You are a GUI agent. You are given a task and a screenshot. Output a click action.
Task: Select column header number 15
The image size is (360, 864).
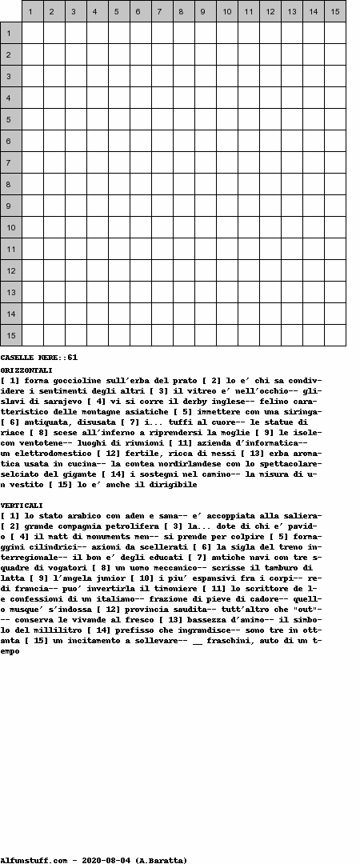click(335, 11)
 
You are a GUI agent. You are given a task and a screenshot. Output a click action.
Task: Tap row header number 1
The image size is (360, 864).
click(11, 33)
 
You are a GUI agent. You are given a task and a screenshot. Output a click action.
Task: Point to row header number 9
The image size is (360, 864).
click(11, 206)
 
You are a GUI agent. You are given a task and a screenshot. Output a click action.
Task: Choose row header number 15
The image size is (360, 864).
click(11, 335)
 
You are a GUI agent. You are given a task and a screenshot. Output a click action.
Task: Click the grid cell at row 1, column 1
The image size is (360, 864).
click(33, 33)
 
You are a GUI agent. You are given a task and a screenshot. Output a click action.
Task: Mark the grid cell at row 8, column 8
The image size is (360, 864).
click(184, 184)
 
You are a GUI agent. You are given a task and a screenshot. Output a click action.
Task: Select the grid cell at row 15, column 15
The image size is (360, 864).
click(335, 335)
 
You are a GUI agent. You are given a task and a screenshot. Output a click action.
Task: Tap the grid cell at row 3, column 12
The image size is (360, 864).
click(270, 76)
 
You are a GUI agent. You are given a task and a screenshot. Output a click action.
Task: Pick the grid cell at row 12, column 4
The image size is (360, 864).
click(98, 270)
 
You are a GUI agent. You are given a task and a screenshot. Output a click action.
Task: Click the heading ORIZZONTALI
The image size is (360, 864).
click(26, 370)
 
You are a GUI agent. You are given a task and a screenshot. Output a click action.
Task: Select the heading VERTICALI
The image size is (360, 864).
click(22, 506)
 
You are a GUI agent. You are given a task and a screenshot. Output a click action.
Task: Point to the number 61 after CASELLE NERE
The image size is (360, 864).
click(72, 357)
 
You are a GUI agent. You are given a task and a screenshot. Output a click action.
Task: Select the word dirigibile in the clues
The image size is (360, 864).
click(173, 485)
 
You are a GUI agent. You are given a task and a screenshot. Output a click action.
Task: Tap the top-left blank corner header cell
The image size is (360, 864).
click(11, 11)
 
